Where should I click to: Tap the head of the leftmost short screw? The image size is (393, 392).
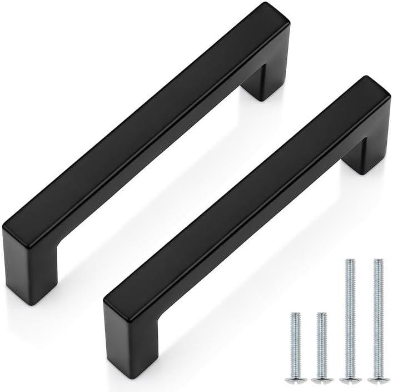click(295, 380)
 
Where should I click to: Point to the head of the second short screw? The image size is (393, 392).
click(321, 380)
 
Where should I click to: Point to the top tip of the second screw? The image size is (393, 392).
click(321, 314)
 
